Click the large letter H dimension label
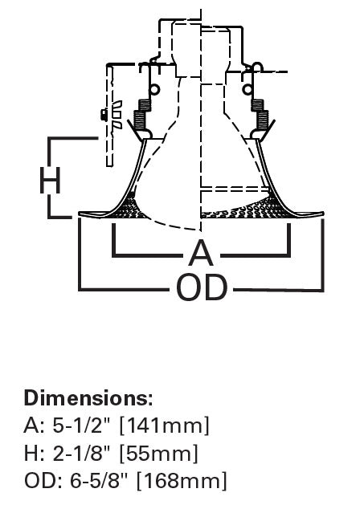pos(50,181)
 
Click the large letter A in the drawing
pos(201,252)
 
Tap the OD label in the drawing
pos(202,287)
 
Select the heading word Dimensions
pos(88,397)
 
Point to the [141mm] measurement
pos(165,426)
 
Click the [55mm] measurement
pos(159,454)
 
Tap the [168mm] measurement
pos(182,481)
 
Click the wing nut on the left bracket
pos(112,115)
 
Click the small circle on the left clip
pos(155,88)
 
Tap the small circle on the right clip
pos(248,89)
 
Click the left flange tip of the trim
pos(79,214)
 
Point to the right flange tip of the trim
pos(323,214)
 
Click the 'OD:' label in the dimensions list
pos(41,481)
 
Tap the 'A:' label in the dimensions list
pos(34,426)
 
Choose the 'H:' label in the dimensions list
pos(34,454)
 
